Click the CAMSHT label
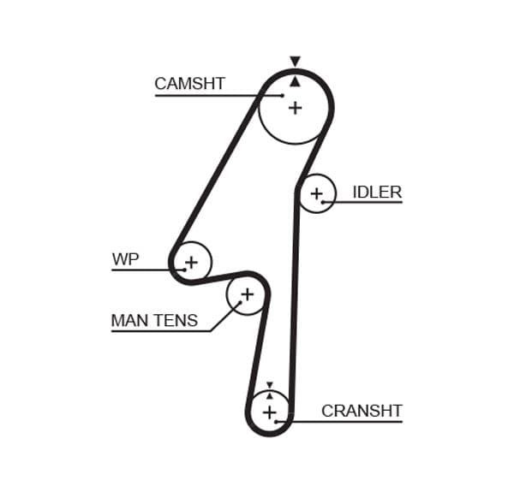click(x=189, y=84)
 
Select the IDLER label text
click(x=377, y=192)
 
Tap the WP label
click(x=125, y=259)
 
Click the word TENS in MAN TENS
click(x=176, y=321)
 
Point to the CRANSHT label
click(x=362, y=411)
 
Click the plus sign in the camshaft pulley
click(x=296, y=108)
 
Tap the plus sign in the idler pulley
click(x=316, y=193)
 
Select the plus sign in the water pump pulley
click(x=191, y=261)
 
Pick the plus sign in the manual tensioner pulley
click(x=247, y=295)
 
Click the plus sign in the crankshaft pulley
click(x=270, y=413)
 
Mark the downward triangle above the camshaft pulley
click(x=295, y=62)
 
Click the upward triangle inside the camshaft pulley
click(x=295, y=81)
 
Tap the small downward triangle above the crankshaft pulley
click(x=270, y=385)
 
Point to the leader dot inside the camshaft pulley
click(x=282, y=95)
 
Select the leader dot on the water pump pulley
click(x=183, y=270)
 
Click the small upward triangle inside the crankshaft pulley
click(x=270, y=395)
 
